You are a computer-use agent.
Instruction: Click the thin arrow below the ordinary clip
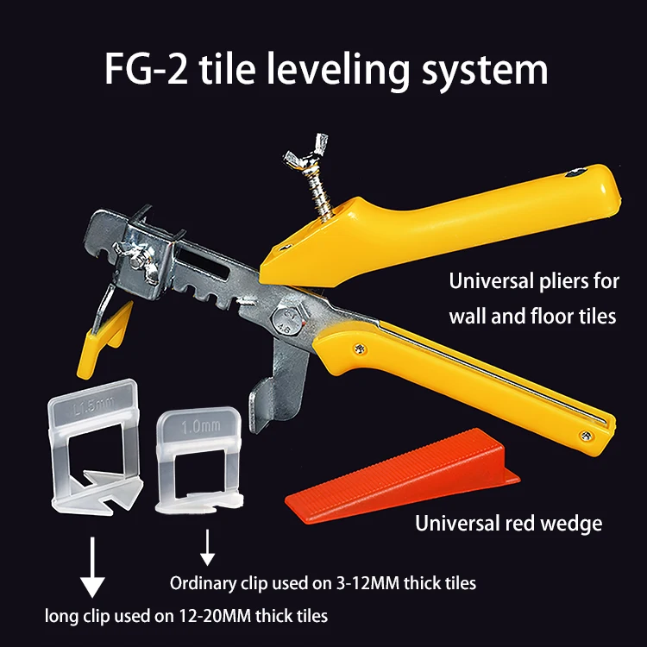(x=207, y=545)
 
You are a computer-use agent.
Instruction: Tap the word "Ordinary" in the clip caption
(x=204, y=583)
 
